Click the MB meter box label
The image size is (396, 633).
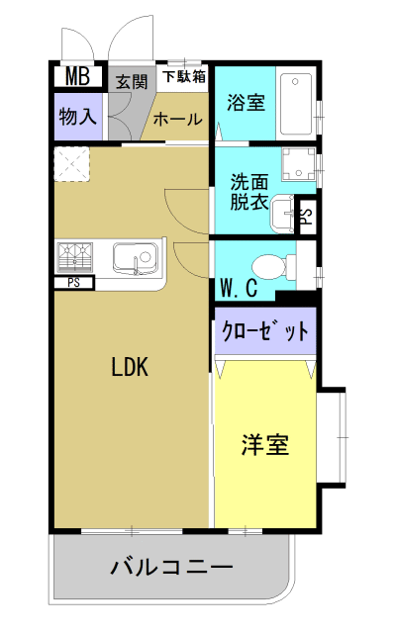[x=77, y=76]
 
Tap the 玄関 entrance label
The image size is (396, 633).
[x=132, y=81]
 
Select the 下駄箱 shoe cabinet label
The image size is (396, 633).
[x=184, y=76]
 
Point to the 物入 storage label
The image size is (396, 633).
[x=78, y=117]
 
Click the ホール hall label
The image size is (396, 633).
[x=178, y=120]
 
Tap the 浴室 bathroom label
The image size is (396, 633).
[x=246, y=102]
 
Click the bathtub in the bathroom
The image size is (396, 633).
[x=297, y=104]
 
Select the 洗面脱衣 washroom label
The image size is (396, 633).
[x=249, y=192]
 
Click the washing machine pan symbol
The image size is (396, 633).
[x=299, y=164]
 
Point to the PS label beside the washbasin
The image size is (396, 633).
[x=307, y=217]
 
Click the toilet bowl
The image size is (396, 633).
[x=274, y=266]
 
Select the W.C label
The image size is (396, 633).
[x=240, y=288]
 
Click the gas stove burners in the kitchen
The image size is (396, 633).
[x=75, y=257]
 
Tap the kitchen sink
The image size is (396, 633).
[x=135, y=259]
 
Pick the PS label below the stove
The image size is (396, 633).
[x=73, y=283]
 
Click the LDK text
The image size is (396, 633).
[x=130, y=367]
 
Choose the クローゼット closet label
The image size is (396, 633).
[x=265, y=331]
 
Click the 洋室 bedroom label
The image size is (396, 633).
[x=265, y=445]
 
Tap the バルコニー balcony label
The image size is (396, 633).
[x=171, y=567]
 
